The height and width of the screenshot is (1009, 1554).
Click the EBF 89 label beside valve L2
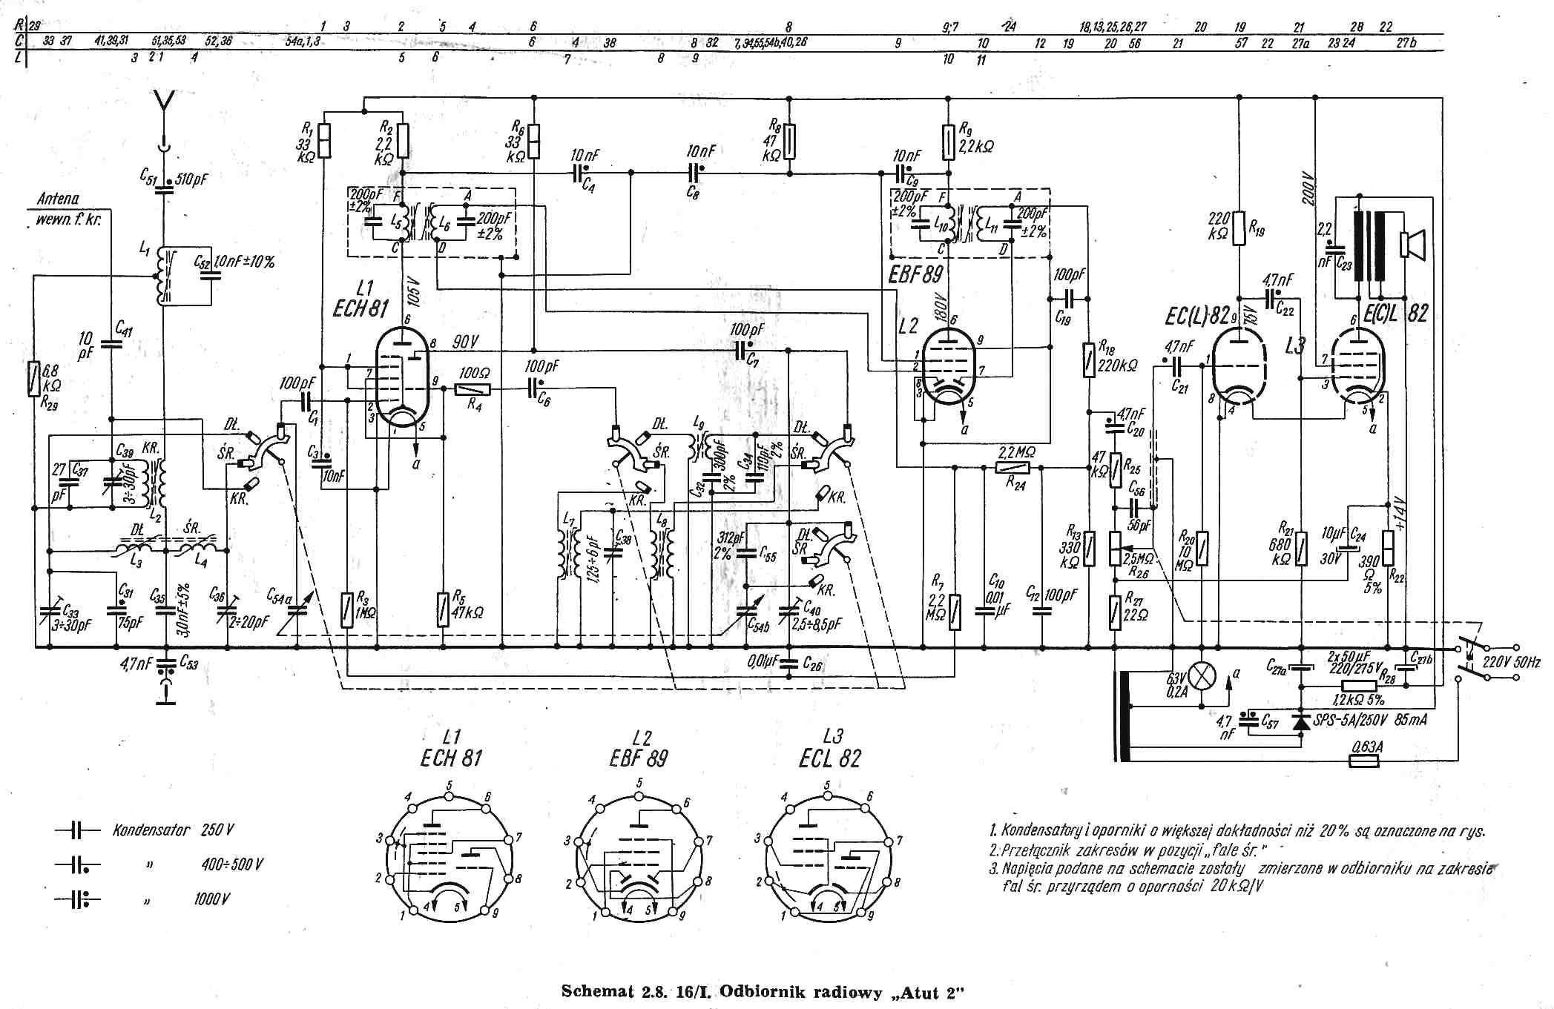(x=915, y=275)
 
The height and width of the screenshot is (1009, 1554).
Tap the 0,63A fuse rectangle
(x=1363, y=761)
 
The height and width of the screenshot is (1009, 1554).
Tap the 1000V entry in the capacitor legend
(x=212, y=899)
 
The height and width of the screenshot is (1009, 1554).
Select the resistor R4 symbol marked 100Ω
(x=473, y=388)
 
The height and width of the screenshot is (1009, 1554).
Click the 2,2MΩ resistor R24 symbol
(x=1013, y=467)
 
